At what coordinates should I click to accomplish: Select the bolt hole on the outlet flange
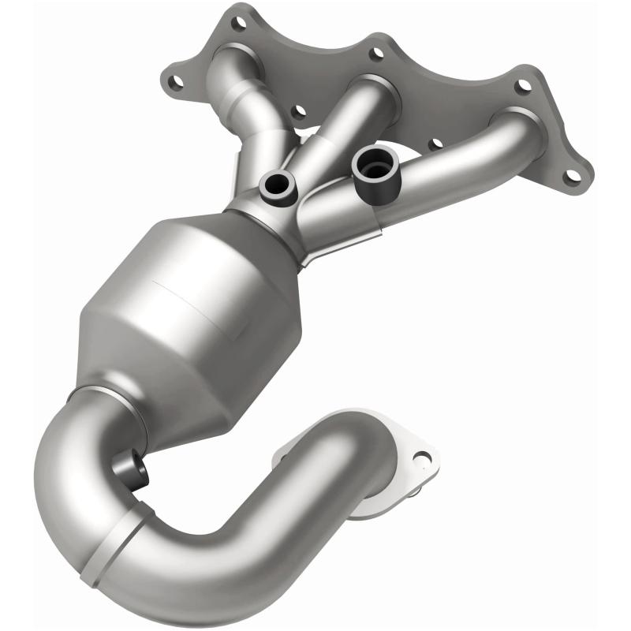[x=423, y=457]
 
